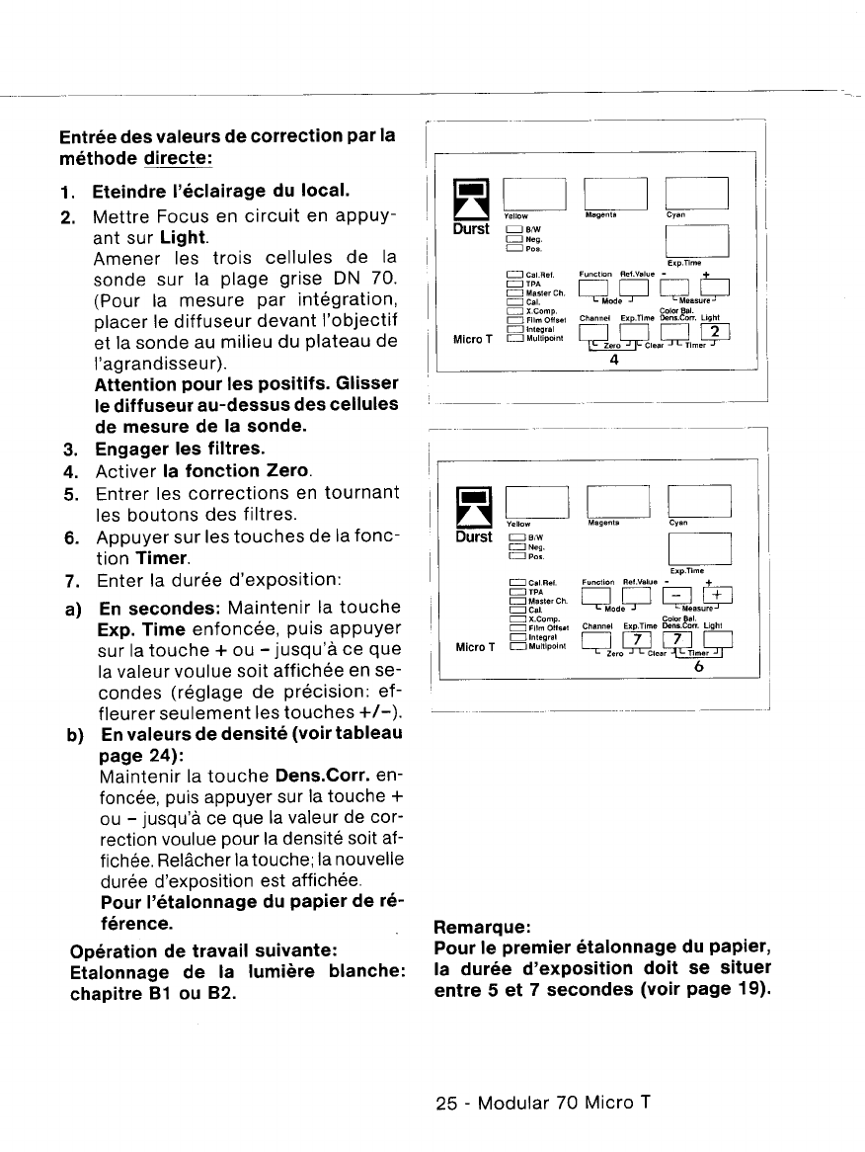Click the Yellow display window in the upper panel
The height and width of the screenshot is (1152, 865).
pos(533,193)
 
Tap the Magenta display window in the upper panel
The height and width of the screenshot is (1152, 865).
pos(615,193)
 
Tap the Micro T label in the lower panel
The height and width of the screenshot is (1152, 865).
pos(472,647)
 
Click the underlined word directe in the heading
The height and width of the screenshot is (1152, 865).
pos(179,158)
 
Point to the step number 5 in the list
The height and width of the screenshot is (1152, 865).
pos(72,493)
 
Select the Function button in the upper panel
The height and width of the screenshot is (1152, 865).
pos(599,287)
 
